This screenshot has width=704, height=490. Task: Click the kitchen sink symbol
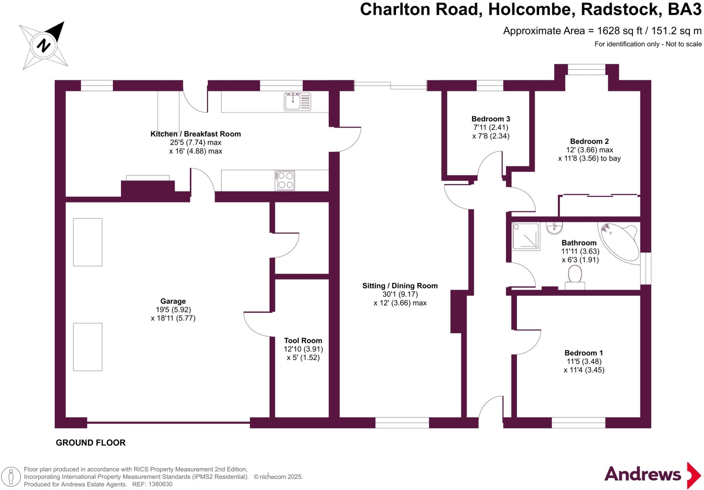coord(297,101)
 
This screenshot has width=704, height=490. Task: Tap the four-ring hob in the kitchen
coord(285,180)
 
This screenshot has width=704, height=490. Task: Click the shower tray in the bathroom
coord(526,236)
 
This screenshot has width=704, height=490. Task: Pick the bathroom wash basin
coord(554,228)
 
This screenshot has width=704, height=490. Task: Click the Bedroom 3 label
coord(491,119)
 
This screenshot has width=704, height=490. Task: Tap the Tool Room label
coord(303,341)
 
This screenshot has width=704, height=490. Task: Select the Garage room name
coord(173,301)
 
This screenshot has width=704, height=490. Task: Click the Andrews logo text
coord(642,475)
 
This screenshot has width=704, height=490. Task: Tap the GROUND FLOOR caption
coord(91,443)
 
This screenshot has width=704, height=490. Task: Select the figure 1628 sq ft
coord(619,31)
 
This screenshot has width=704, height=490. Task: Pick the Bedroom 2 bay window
coord(586,69)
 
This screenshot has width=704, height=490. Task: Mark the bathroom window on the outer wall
coord(646,269)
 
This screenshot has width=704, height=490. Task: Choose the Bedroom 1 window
coord(579,423)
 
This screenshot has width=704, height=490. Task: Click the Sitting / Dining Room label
coord(400,286)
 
